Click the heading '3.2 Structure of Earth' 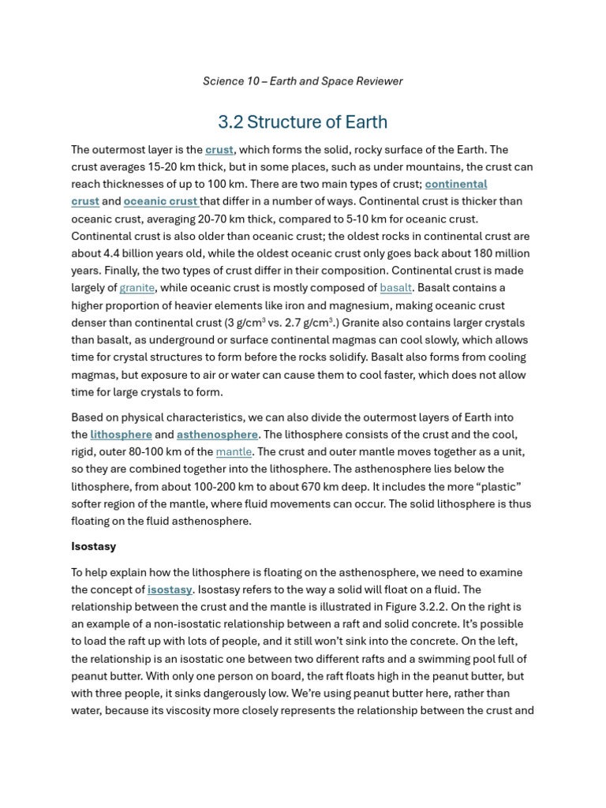(x=302, y=122)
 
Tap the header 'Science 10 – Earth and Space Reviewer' (x=302, y=81)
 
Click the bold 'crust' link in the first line (x=219, y=150)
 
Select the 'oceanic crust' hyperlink (x=160, y=201)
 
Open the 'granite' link (x=137, y=288)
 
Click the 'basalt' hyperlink (x=395, y=288)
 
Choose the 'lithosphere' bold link (x=121, y=435)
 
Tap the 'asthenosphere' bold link (x=217, y=435)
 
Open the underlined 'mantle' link (x=234, y=452)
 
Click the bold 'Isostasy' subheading (x=93, y=546)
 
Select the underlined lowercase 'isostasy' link (x=170, y=590)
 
